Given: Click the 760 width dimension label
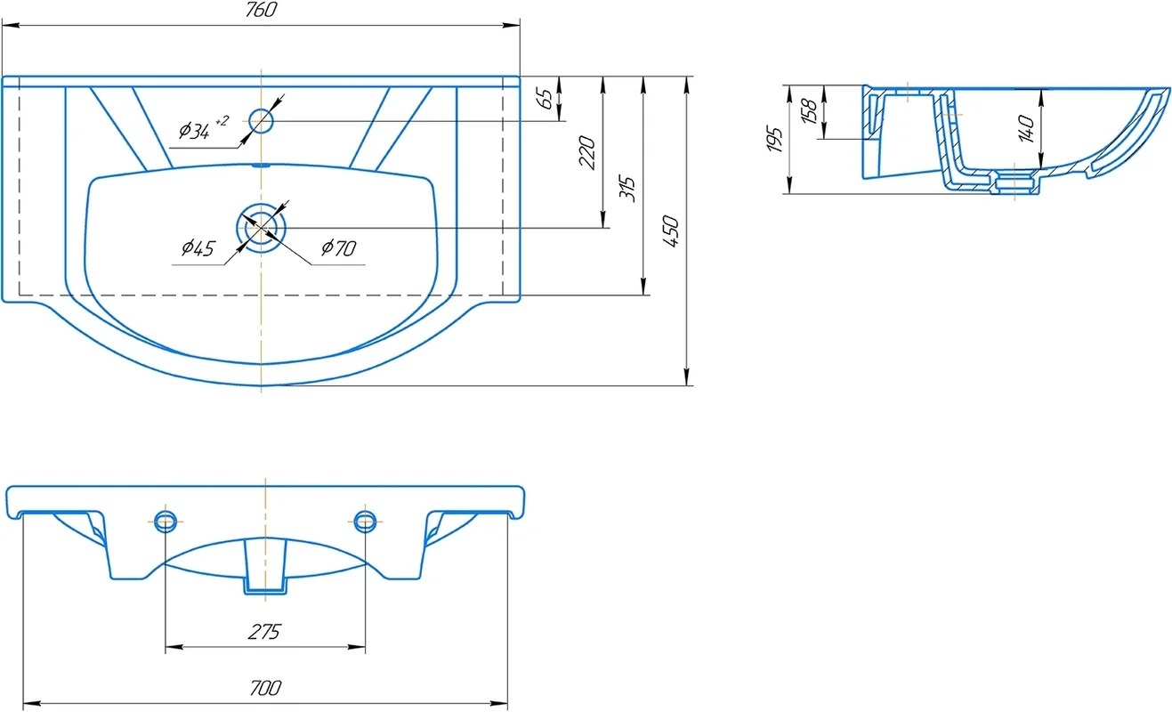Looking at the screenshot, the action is coord(261,10).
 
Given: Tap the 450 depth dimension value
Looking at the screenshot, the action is coord(671,231).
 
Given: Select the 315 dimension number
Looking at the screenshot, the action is coord(628,189).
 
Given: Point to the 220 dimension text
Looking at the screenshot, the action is coord(587,152).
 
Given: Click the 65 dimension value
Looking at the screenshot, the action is coord(546,99).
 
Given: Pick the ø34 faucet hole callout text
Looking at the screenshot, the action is coord(204,128).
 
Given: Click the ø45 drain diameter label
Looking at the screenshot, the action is coord(198,248).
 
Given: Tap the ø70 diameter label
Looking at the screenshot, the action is coord(339,247).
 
